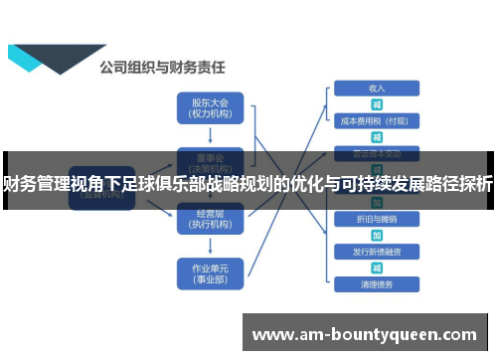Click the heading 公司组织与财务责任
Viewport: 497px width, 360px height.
[161, 68]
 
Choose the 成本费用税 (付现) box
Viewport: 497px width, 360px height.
[377, 121]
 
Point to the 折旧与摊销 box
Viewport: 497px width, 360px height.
[377, 218]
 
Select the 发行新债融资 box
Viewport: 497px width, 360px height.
[377, 251]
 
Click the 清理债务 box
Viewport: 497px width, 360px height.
[377, 284]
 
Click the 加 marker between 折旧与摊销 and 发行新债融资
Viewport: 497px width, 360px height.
[377, 235]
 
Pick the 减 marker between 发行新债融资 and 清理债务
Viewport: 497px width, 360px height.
[377, 268]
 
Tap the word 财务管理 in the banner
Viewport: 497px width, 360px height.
[39, 183]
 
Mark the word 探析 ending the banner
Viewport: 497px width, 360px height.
[476, 183]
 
